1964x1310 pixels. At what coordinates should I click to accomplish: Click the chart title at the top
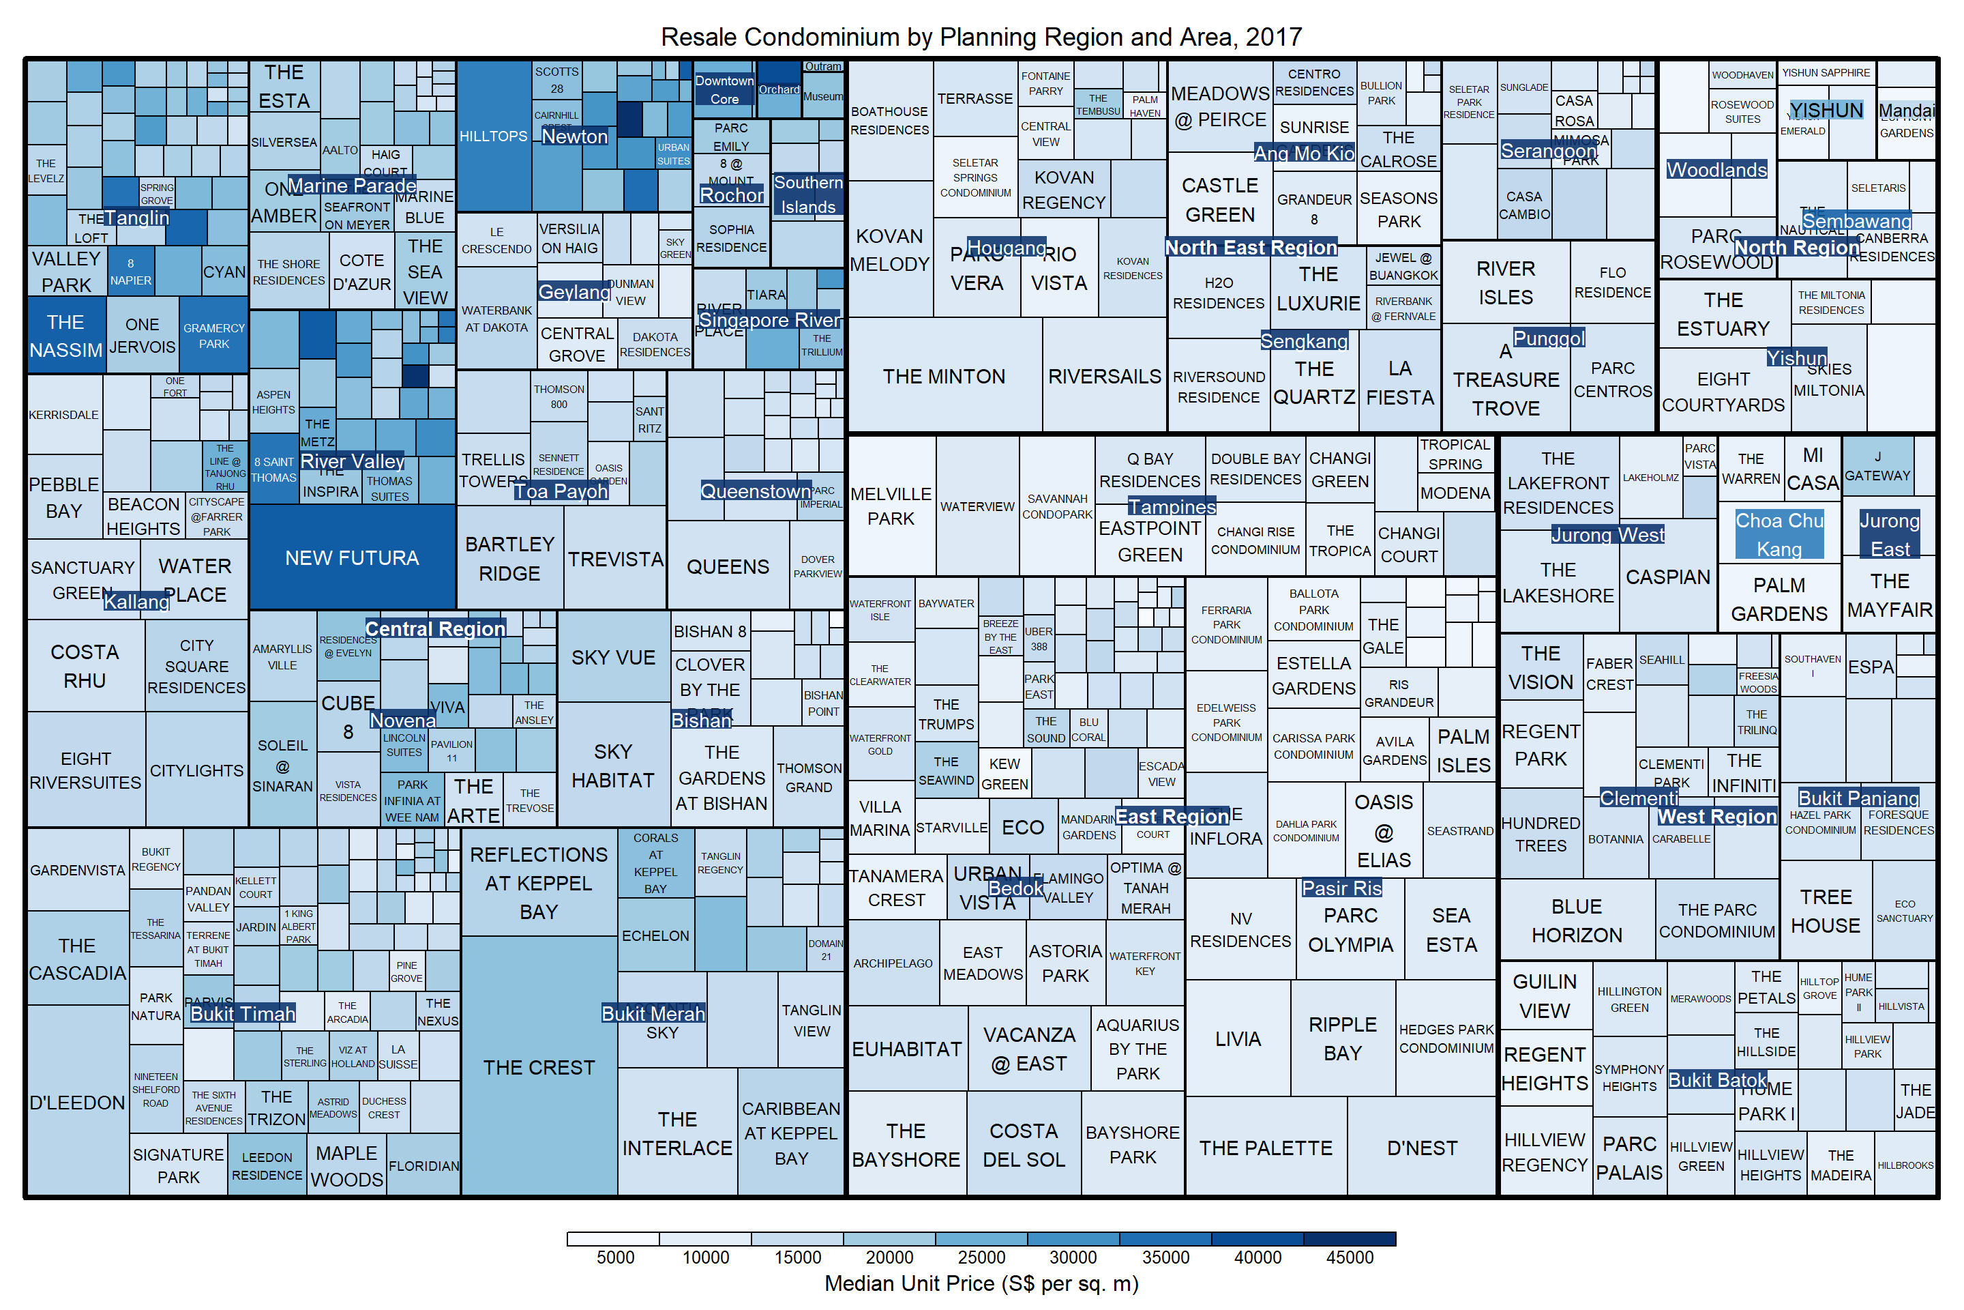981,37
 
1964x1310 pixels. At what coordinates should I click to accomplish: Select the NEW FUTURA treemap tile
352,557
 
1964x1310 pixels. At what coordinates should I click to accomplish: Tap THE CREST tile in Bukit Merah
539,1067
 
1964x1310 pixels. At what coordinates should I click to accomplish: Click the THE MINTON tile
944,377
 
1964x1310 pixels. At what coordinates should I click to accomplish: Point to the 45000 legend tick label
1350,1257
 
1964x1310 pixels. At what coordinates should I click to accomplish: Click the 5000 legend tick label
615,1257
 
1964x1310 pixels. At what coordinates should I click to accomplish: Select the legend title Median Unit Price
981,1283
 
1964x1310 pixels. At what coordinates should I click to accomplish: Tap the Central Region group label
435,628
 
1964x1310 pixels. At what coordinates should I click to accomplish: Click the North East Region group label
1251,247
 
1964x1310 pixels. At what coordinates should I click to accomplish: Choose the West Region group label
1717,816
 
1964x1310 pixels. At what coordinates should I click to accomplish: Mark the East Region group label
1172,816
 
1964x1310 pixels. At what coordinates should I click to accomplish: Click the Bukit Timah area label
243,1013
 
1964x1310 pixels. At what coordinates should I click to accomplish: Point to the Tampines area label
1172,506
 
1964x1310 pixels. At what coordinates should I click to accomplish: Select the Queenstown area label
756,491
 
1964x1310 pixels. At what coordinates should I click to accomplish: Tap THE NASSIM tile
65,336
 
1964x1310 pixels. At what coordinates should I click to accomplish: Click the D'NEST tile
1422,1148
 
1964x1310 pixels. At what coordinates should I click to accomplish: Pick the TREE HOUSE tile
1826,911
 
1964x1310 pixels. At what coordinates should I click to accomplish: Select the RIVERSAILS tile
1105,377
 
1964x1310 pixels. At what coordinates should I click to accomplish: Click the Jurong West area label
1607,535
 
